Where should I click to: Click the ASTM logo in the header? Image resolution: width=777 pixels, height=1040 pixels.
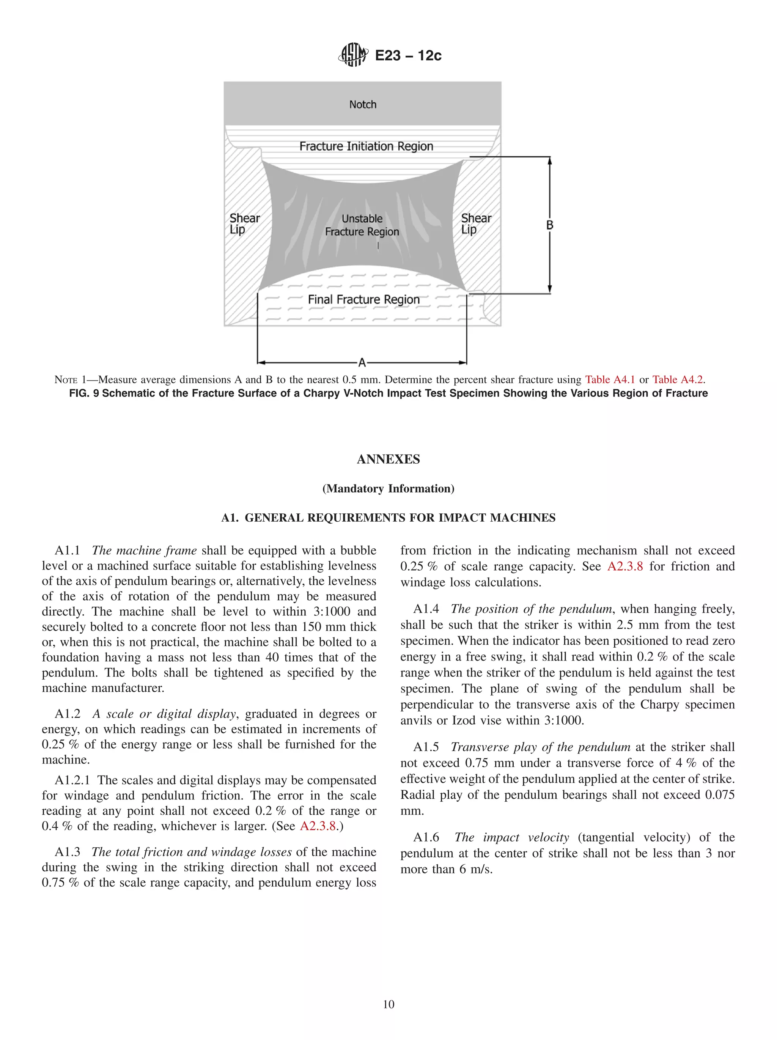click(352, 55)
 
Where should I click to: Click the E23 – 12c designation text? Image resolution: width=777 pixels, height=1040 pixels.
click(408, 55)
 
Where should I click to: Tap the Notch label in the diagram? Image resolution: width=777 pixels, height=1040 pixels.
click(362, 104)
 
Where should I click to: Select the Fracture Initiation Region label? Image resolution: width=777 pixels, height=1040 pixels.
click(366, 146)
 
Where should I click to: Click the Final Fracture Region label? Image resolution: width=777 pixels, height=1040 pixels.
click(363, 299)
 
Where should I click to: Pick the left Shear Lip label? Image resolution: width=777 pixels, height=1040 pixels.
click(244, 224)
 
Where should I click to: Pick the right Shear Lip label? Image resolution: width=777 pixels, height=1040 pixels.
click(476, 224)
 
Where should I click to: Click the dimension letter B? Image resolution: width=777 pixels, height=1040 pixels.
click(549, 225)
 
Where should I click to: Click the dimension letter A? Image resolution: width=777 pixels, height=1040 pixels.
click(362, 362)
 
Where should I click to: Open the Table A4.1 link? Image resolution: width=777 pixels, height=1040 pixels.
click(610, 379)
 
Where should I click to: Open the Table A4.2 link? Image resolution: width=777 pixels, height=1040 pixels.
click(677, 379)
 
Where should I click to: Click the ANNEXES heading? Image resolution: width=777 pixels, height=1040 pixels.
click(388, 459)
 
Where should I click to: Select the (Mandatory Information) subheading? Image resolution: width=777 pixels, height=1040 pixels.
click(388, 488)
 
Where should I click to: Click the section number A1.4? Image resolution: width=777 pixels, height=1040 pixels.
click(426, 609)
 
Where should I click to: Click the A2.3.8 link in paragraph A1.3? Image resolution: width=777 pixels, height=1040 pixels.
click(625, 566)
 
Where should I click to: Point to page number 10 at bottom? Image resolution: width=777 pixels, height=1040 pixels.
click(388, 1004)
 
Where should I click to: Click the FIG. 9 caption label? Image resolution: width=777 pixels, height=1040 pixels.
click(84, 393)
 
